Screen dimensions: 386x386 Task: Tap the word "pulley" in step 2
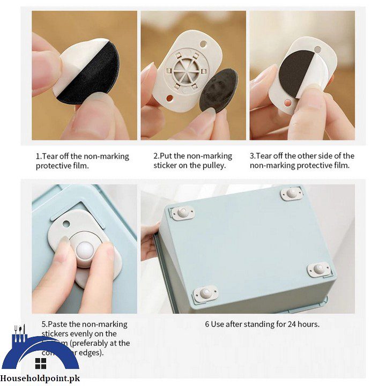point(212,166)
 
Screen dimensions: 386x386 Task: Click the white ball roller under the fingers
point(85,251)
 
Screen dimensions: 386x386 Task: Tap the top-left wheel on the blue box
point(183,213)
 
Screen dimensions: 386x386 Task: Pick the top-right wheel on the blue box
point(292,193)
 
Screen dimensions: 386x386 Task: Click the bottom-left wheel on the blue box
point(206,293)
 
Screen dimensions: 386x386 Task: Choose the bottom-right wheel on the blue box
point(320,269)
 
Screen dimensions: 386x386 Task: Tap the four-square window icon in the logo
point(41,364)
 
